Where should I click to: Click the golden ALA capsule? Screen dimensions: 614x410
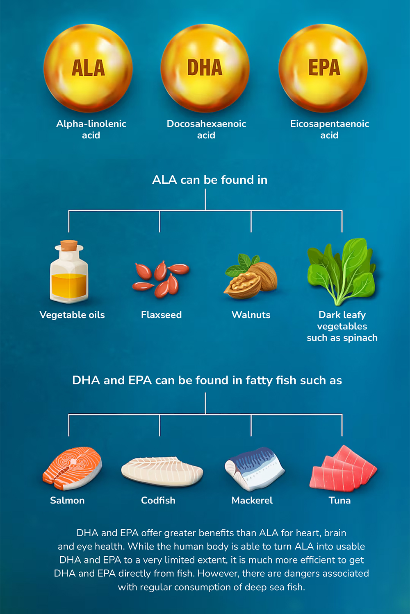click(88, 68)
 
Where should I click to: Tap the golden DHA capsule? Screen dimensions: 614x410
click(205, 68)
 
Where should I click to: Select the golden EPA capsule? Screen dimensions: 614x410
click(323, 68)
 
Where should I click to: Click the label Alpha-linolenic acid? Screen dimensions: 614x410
click(91, 129)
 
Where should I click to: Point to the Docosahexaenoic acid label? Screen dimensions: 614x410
click(206, 129)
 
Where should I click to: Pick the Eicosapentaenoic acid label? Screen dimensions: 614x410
click(330, 129)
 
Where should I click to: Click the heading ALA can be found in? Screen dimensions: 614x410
click(210, 180)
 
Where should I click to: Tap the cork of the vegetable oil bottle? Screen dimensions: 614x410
click(69, 245)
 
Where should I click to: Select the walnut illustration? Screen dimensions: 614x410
click(251, 279)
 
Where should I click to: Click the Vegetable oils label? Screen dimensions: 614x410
click(72, 315)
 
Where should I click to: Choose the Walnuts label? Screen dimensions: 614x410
click(251, 315)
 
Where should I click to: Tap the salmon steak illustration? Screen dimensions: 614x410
click(72, 468)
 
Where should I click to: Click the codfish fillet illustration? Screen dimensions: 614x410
click(162, 472)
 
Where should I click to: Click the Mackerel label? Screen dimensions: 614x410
click(252, 500)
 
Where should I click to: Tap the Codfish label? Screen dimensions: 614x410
click(158, 500)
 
